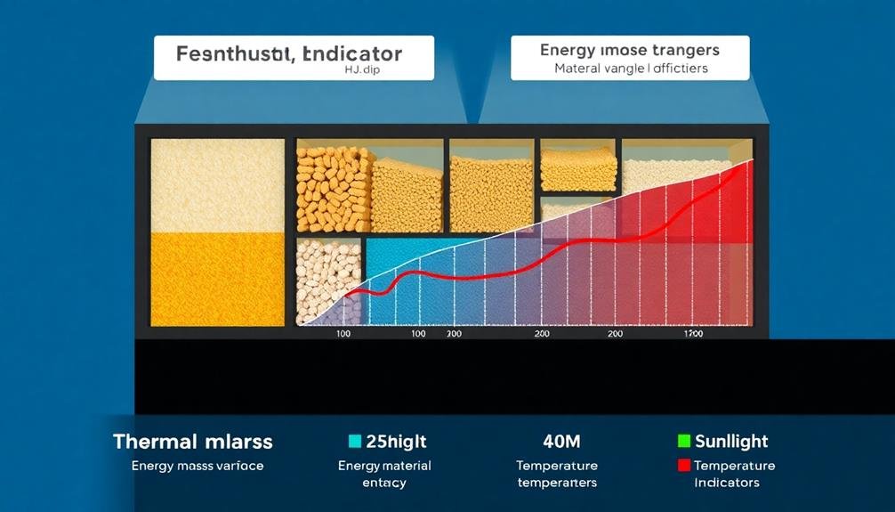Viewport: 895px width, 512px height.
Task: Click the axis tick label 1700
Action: point(693,334)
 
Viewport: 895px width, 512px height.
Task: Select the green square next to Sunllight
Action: point(683,441)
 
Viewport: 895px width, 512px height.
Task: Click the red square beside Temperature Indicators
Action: point(683,465)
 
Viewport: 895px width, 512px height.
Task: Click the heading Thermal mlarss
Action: point(193,442)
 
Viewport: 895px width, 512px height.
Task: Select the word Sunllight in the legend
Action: point(732,441)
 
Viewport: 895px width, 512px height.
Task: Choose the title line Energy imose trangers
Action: point(630,50)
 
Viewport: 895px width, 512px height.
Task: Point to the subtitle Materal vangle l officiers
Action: point(630,69)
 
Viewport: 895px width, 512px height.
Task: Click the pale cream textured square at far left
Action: point(217,185)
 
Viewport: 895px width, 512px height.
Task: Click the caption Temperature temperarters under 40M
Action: point(557,474)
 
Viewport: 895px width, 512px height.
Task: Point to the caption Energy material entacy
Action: point(384,474)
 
